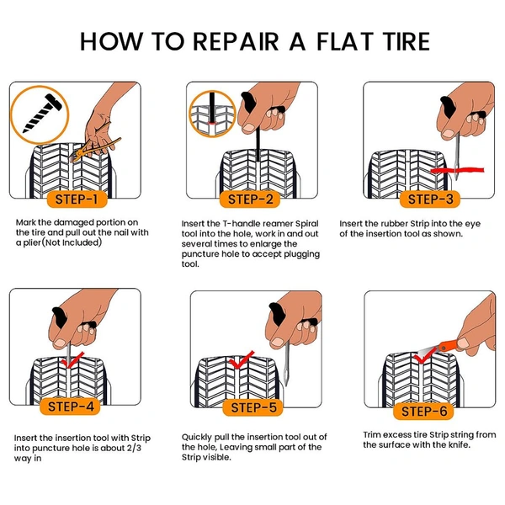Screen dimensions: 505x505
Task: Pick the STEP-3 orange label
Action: tap(430, 199)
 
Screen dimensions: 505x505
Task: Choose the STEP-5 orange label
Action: tap(252, 408)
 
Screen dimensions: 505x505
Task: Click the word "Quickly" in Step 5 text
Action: tap(200, 438)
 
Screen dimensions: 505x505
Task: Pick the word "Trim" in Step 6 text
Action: tap(374, 434)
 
